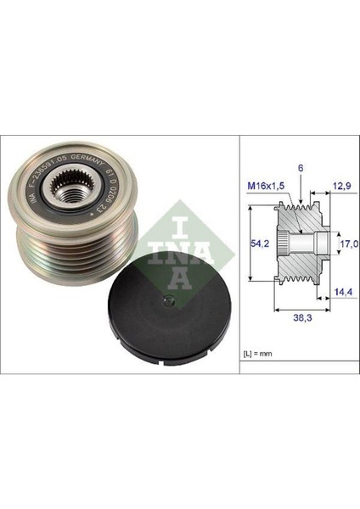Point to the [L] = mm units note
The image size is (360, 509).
pyautogui.click(x=256, y=350)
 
